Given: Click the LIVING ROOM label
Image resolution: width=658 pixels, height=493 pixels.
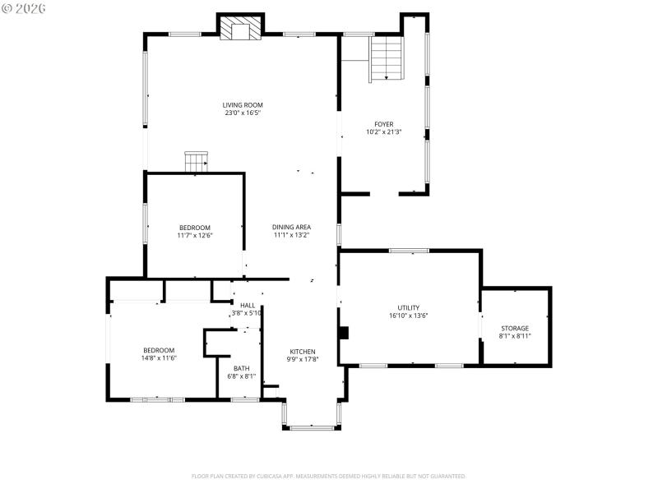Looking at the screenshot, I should pyautogui.click(x=243, y=104).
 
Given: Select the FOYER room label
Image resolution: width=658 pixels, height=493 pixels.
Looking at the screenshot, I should pyautogui.click(x=383, y=124).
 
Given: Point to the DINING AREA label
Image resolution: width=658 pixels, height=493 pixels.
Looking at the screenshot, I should pyautogui.click(x=292, y=227).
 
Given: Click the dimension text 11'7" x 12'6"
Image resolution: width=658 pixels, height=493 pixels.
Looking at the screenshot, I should pyautogui.click(x=195, y=236).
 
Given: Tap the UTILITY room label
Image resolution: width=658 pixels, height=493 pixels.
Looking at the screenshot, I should pyautogui.click(x=409, y=307).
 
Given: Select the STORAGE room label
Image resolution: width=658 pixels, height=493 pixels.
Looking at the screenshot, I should pyautogui.click(x=515, y=328).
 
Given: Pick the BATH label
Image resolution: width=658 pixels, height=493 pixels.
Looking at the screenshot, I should pyautogui.click(x=241, y=368).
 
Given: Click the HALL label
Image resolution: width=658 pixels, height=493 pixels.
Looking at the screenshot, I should pyautogui.click(x=248, y=305).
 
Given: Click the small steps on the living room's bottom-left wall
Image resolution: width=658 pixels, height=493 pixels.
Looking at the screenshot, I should pyautogui.click(x=196, y=162).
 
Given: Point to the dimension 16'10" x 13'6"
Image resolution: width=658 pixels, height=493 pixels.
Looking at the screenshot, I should pyautogui.click(x=409, y=316).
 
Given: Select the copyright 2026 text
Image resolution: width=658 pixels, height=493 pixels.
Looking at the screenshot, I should pyautogui.click(x=24, y=7).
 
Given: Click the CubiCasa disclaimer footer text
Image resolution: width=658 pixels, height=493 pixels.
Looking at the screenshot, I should pyautogui.click(x=329, y=476).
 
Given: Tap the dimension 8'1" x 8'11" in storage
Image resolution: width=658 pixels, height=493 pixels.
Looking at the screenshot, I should pyautogui.click(x=515, y=336).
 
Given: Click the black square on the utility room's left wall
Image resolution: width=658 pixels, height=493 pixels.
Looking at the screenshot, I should pyautogui.click(x=344, y=333).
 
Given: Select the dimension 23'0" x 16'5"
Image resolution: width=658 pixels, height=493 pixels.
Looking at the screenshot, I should pyautogui.click(x=243, y=113).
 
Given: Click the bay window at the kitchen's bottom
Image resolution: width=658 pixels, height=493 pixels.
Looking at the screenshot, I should pyautogui.click(x=312, y=426).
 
